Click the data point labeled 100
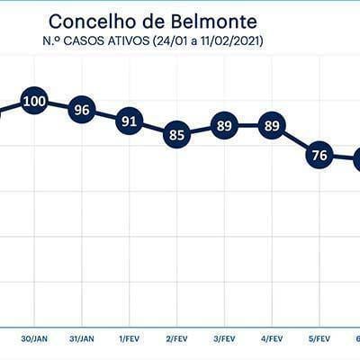(34, 102)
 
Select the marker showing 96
(82, 110)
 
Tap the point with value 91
(130, 121)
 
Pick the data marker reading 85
(176, 135)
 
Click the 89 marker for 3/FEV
(224, 126)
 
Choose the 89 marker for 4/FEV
(272, 126)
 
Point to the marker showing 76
(319, 155)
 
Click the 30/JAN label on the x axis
(34, 339)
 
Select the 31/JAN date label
(82, 339)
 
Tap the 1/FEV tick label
(130, 339)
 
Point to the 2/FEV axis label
(176, 339)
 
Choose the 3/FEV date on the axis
(224, 339)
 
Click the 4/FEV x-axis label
(272, 339)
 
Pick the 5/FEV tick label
(319, 339)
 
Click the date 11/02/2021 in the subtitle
(229, 41)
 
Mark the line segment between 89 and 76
(295, 140)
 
